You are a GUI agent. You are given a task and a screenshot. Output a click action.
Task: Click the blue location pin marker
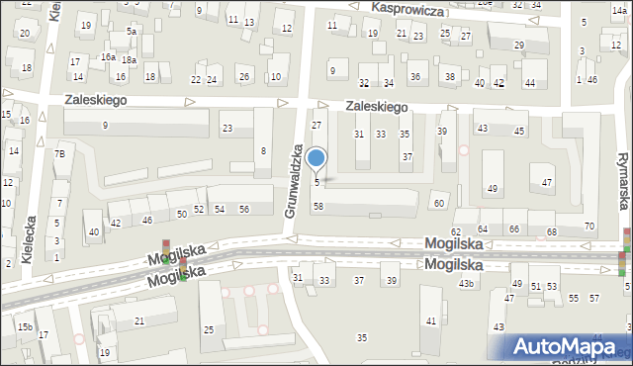[316, 158]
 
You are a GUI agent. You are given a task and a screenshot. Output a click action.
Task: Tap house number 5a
[131, 32]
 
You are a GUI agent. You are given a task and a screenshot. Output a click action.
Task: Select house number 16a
[108, 57]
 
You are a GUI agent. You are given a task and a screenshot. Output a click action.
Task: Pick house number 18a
[129, 60]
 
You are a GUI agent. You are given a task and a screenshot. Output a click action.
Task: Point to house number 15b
[24, 326]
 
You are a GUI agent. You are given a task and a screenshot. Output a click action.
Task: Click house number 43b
[466, 284]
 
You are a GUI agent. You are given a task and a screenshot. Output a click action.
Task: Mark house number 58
[317, 206]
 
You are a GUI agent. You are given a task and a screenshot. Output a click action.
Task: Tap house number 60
[439, 203]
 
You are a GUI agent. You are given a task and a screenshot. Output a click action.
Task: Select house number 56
[243, 209]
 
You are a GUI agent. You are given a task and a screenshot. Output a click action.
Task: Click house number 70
[589, 227]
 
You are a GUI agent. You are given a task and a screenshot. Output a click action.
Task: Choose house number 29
[519, 46]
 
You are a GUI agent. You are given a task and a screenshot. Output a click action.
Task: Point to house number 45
[519, 130]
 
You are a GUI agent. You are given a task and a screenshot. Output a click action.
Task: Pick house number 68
[551, 231]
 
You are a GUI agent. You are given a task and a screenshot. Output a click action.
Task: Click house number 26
[243, 77]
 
